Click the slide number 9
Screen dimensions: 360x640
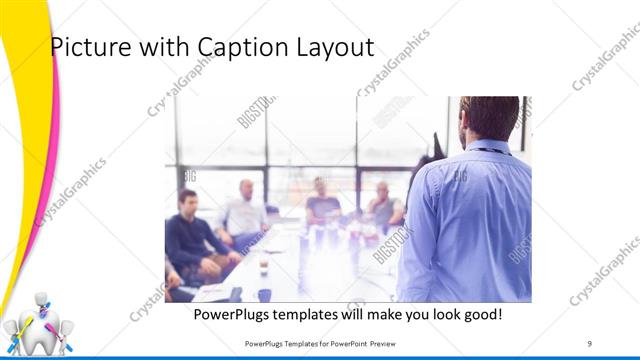[x=589, y=344]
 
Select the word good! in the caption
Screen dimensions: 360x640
[x=480, y=315]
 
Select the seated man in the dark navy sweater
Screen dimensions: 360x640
[x=190, y=235]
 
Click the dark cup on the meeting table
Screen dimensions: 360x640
[x=264, y=294]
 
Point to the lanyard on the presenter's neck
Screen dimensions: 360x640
[x=492, y=151]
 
